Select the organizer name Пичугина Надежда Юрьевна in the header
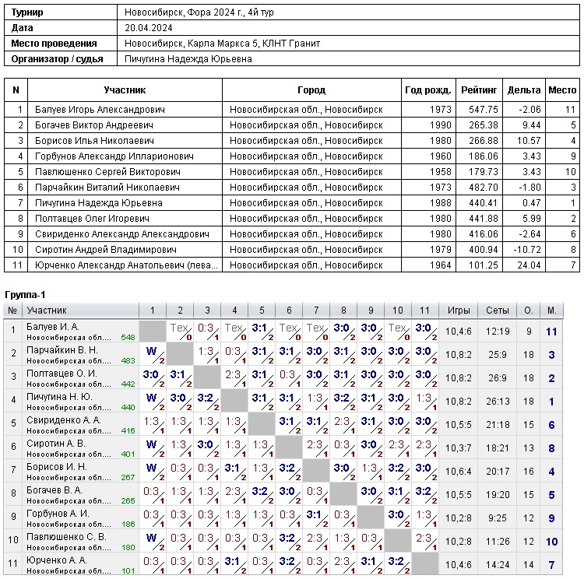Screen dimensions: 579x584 pyautogui.click(x=188, y=59)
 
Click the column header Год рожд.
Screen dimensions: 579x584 pyautogui.click(x=427, y=90)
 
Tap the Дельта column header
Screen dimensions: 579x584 pyautogui.click(x=524, y=90)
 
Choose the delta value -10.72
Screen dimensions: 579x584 pyautogui.click(x=524, y=250)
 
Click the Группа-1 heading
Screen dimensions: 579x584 pyautogui.click(x=25, y=295)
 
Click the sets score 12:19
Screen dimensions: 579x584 pyautogui.click(x=498, y=332)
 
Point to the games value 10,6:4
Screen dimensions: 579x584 pyautogui.click(x=459, y=472)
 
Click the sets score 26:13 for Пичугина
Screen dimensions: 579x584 pyautogui.click(x=498, y=402)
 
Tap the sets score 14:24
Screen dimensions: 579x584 pyautogui.click(x=498, y=565)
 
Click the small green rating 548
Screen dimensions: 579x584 pyautogui.click(x=128, y=338)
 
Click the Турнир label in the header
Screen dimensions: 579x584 pyautogui.click(x=27, y=12)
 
